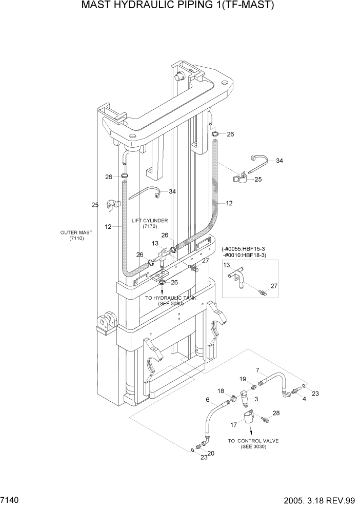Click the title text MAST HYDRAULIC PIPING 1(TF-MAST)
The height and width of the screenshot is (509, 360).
point(179,6)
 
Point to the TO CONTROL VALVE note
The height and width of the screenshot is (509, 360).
point(250,443)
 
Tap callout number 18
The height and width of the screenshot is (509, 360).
point(221,391)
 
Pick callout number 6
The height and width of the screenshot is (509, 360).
point(208,400)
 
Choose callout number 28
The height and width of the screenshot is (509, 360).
point(276,413)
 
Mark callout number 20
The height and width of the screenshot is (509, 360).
point(210,453)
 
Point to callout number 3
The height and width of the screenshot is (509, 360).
point(256,399)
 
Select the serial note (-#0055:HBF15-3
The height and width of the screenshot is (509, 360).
point(250,248)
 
